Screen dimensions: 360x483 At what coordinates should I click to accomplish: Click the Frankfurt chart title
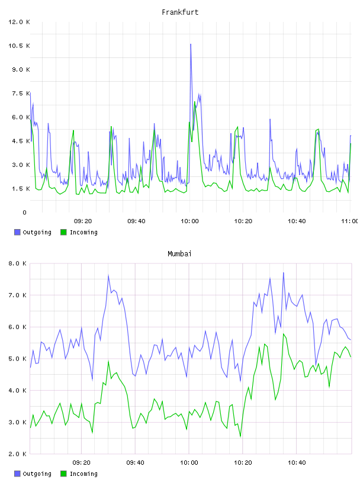point(180,12)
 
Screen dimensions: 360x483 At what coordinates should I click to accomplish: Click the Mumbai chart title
point(179,253)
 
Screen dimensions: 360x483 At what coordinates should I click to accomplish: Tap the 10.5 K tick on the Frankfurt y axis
point(19,46)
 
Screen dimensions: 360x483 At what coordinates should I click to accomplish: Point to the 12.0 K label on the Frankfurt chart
point(19,22)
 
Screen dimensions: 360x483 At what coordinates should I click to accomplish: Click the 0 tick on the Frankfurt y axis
point(25,212)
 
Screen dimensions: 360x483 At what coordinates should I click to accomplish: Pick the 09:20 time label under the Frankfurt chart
point(83,221)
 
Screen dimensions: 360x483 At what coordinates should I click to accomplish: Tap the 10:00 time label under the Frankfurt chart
point(189,221)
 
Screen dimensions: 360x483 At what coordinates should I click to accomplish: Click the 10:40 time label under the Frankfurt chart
point(297,221)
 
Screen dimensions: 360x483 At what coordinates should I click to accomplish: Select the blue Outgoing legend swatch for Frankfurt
point(17,232)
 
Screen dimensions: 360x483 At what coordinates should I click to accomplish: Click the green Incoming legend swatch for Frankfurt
point(63,232)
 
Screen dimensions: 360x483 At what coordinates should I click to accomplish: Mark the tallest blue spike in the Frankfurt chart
point(191,44)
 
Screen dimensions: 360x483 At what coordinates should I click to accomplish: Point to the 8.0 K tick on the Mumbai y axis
point(17,263)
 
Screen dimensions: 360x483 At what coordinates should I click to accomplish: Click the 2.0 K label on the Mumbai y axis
point(17,454)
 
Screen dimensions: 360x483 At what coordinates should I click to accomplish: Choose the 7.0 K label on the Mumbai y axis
point(17,295)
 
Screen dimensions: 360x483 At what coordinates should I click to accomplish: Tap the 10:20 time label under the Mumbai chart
point(243,462)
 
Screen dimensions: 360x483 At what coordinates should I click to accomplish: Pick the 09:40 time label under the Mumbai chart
point(136,462)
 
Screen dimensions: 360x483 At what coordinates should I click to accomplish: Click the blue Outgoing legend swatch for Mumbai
point(17,474)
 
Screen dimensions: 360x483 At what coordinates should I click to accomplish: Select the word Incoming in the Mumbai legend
point(83,474)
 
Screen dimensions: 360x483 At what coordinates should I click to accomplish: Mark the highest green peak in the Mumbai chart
point(284,334)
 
